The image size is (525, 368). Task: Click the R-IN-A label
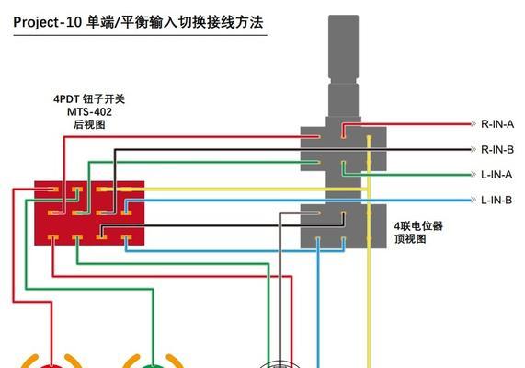tap(497, 124)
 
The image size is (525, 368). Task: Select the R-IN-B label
tap(497, 149)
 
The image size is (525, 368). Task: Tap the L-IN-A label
tap(496, 175)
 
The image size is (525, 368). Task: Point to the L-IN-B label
tap(496, 201)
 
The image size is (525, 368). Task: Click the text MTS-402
tap(89, 112)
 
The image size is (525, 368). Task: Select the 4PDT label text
tap(66, 99)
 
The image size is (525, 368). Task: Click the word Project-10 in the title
tap(47, 22)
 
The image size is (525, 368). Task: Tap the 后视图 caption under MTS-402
tap(89, 125)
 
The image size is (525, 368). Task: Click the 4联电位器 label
tap(418, 226)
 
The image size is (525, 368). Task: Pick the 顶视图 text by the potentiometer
tap(410, 239)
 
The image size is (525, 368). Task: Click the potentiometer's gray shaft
tap(344, 66)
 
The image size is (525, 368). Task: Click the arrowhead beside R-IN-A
tap(474, 124)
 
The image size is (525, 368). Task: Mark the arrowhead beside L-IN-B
tap(474, 201)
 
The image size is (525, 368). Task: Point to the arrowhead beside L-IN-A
tap(474, 175)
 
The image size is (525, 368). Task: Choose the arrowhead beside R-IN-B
tap(474, 149)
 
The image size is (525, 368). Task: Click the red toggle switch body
tap(89, 213)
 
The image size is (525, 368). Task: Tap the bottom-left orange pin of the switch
tap(53, 237)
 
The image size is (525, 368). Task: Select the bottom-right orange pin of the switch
tap(126, 237)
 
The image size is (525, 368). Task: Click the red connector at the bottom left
tap(51, 365)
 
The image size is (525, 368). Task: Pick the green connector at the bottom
tap(153, 365)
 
